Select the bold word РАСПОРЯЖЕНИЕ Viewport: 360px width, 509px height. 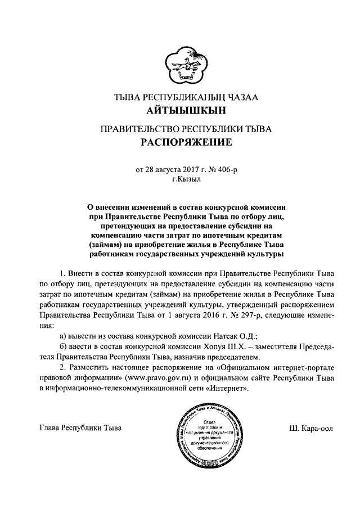186,143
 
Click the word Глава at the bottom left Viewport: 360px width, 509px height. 53,428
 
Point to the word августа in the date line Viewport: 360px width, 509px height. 159,169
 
